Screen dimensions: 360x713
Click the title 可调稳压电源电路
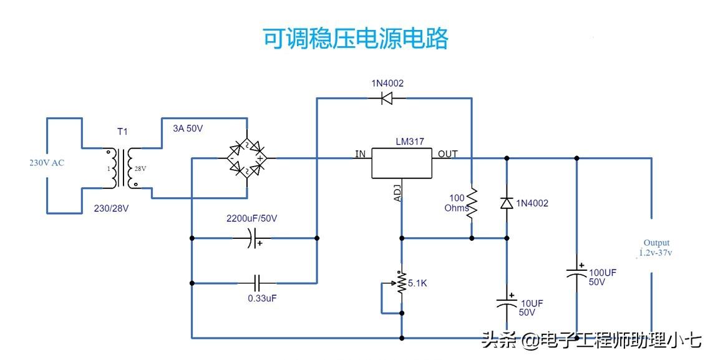pos(356,39)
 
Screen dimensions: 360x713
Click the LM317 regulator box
pos(402,162)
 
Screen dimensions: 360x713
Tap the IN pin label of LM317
pos(361,154)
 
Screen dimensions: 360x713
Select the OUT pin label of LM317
pos(447,154)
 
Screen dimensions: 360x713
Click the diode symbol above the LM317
pos(387,97)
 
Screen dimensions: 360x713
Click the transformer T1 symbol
pos(122,168)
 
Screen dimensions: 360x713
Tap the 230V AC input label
pos(46,163)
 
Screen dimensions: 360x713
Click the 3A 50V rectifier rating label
pos(188,129)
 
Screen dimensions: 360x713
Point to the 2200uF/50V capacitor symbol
pos(250,238)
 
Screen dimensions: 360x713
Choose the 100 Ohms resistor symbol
pos(472,202)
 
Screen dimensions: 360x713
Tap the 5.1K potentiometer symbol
pos(402,284)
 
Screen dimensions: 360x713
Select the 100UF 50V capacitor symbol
pos(576,273)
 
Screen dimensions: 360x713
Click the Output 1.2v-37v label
pos(656,248)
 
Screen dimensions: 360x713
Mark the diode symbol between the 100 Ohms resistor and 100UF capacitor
pos(507,203)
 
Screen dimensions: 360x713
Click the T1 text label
pos(122,132)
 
